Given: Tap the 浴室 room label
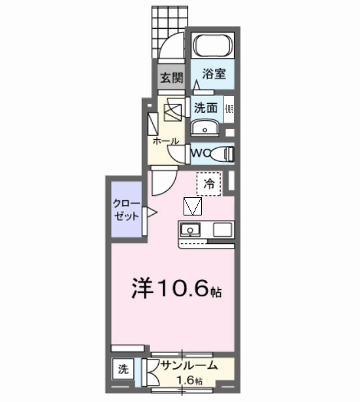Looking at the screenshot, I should point(214,74).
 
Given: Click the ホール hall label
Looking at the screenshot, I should point(167,141).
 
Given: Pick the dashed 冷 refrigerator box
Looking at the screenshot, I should point(209,183).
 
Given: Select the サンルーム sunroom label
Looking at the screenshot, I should point(189,367).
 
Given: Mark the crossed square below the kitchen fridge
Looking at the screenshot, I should point(193,206).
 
